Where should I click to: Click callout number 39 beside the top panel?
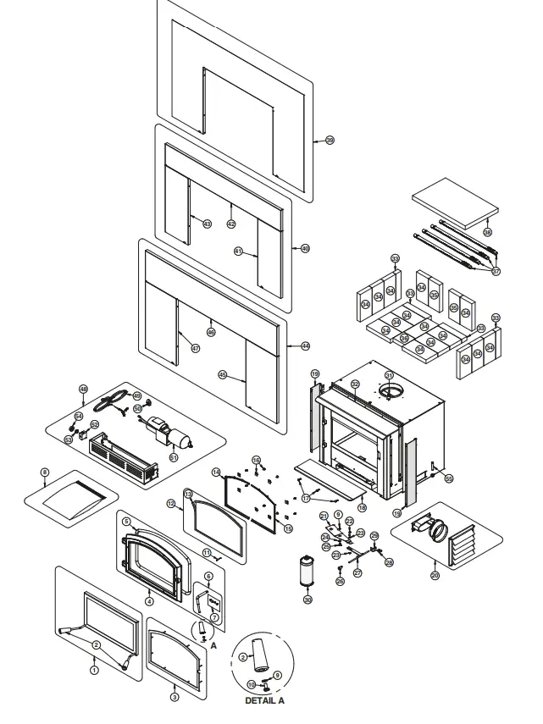tap(330, 140)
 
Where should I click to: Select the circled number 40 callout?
tap(306, 248)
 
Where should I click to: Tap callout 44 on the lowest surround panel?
tap(305, 346)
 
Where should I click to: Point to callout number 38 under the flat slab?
tap(487, 231)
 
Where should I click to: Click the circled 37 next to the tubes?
tap(496, 271)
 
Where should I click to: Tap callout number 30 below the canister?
tap(308, 600)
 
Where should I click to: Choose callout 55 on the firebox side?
tap(449, 478)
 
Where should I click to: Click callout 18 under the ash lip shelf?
tap(362, 507)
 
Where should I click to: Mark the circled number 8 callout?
tap(45, 472)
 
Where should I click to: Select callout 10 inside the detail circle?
tap(251, 684)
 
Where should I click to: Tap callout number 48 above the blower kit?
tap(83, 390)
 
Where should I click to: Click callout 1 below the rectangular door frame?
tap(95, 669)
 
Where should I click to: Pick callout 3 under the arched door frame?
tap(175, 698)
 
